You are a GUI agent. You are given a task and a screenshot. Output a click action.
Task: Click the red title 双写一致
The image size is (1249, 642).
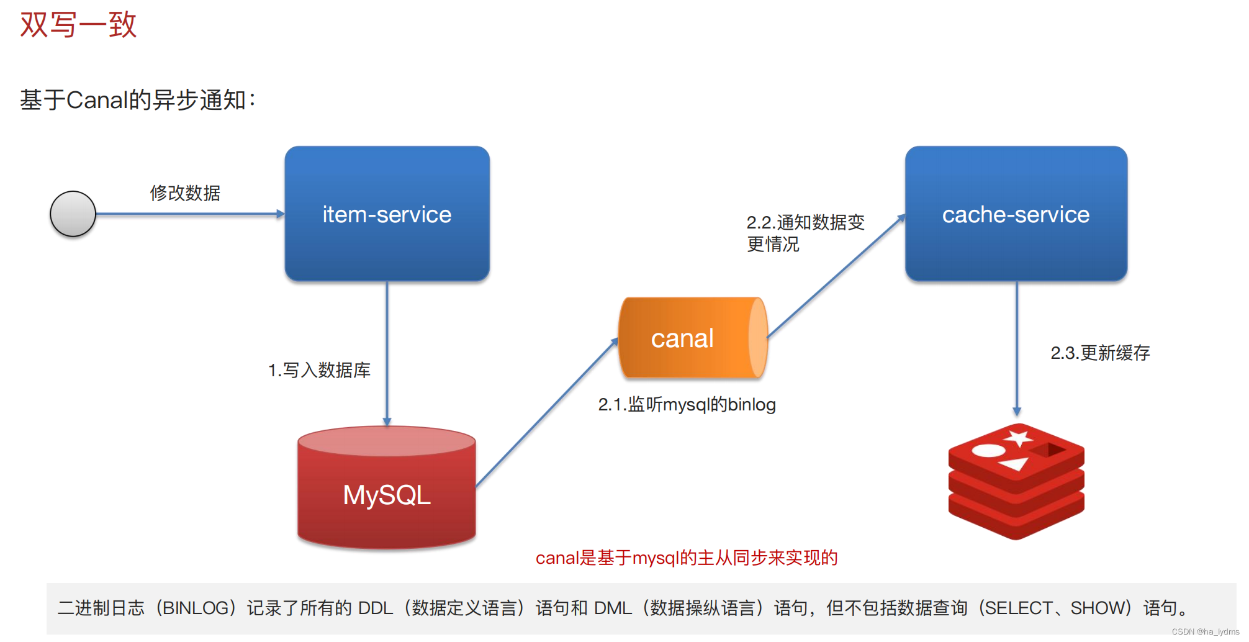point(78,25)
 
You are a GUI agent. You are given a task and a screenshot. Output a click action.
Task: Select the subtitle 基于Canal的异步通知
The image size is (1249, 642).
point(138,100)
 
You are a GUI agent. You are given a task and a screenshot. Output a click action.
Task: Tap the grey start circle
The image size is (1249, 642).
point(73,214)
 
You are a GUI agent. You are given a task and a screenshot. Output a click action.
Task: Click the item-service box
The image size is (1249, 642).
point(387,214)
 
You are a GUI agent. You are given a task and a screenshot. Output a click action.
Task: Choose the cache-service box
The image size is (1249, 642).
point(1016,214)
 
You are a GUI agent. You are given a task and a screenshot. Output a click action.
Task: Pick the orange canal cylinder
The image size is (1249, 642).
point(692,338)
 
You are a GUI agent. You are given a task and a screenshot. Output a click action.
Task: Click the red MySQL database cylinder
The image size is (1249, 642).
point(387,491)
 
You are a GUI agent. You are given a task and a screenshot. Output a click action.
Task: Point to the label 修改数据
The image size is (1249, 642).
point(185,193)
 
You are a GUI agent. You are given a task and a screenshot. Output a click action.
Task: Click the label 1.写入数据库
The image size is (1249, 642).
point(319,370)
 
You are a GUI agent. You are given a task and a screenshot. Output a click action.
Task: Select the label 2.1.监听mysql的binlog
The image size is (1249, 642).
point(687,405)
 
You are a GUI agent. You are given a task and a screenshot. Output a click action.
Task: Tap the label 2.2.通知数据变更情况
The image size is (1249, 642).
point(805,233)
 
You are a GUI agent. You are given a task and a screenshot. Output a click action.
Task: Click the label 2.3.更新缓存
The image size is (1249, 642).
point(1100,353)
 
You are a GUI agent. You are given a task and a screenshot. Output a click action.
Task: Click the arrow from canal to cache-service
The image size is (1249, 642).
point(837,276)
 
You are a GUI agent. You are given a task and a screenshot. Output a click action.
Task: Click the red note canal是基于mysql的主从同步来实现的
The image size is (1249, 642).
point(687,558)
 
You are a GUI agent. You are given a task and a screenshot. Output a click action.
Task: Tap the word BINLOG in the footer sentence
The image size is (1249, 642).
point(195,608)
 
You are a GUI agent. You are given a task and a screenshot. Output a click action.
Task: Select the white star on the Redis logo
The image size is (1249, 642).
point(1018,438)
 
